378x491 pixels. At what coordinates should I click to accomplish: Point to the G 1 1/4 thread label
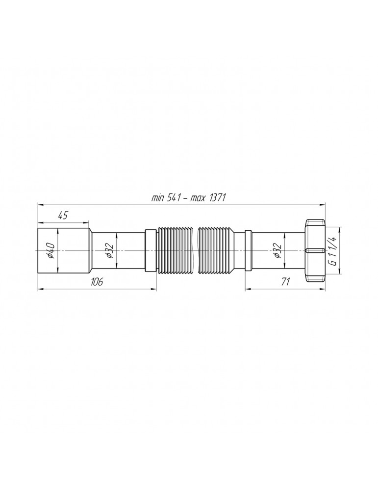click(x=333, y=250)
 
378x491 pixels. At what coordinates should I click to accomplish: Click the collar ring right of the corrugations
click(x=249, y=250)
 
